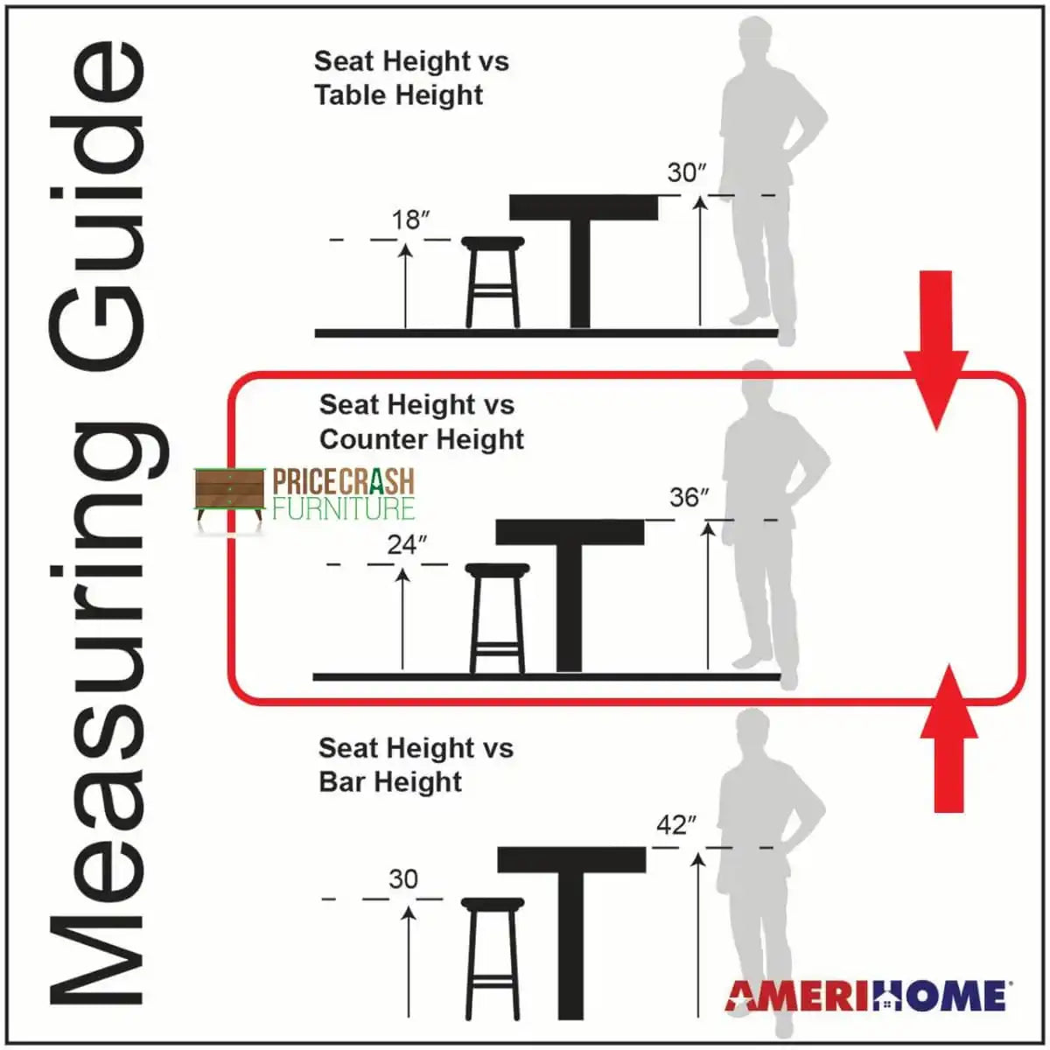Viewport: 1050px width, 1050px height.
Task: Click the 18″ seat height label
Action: (x=411, y=220)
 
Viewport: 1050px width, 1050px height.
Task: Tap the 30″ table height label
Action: (x=687, y=172)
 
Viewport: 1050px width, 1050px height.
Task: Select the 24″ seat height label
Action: (x=407, y=544)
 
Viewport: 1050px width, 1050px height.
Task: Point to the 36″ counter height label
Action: (x=689, y=497)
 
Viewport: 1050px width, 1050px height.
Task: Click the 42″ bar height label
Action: (x=676, y=825)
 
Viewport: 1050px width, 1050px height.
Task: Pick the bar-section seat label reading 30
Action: (x=403, y=878)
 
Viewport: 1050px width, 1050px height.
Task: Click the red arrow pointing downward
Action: (x=936, y=350)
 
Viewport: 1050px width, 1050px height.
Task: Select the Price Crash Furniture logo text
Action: (x=343, y=493)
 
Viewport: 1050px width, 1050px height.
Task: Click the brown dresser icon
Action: (x=229, y=497)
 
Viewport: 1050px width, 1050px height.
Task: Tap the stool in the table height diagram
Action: (x=493, y=283)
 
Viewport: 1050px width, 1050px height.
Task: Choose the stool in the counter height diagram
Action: (x=498, y=619)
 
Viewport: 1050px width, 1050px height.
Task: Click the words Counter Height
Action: (x=422, y=440)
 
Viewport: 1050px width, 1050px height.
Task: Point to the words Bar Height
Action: (x=390, y=782)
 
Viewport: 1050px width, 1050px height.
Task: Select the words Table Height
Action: (x=399, y=95)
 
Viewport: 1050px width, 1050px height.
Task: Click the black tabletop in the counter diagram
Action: (x=570, y=532)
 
